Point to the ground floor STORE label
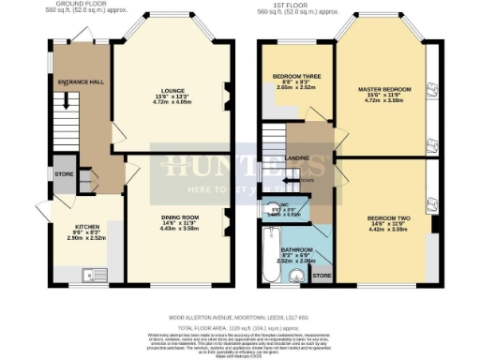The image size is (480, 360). [x=62, y=173]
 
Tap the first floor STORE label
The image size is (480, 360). [x=322, y=276]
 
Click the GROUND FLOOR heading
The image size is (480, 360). [x=79, y=5]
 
